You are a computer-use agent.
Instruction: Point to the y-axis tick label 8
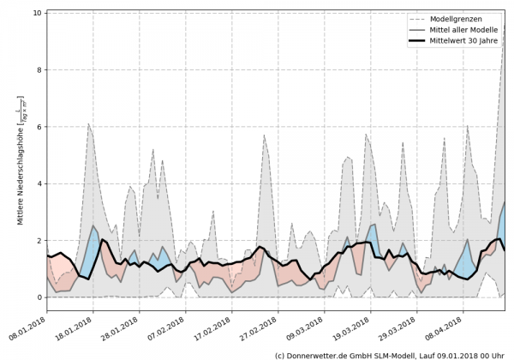(39, 70)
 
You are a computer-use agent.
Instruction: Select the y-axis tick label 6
(39, 127)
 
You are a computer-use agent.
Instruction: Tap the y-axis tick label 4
(39, 183)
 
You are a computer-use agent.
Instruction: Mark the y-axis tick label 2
(39, 241)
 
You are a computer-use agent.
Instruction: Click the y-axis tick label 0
(39, 297)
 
